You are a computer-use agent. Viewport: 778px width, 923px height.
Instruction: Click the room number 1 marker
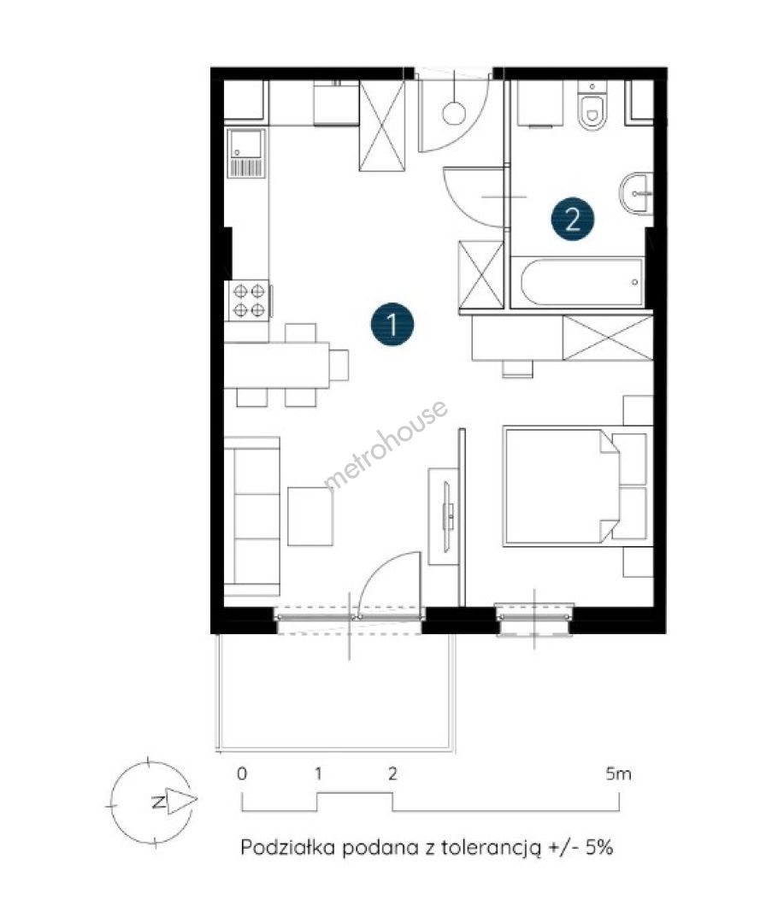click(392, 324)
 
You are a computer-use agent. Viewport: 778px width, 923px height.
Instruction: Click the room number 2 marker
click(573, 219)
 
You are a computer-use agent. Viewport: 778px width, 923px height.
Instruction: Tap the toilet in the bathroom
click(592, 106)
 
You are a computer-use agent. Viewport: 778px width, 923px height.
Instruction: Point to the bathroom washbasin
click(635, 193)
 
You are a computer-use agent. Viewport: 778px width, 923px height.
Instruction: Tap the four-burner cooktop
click(249, 300)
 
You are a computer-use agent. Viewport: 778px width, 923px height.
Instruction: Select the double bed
click(577, 486)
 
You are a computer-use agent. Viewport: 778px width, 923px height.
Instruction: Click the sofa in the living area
click(252, 516)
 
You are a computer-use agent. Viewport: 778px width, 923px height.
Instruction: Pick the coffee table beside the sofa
click(310, 516)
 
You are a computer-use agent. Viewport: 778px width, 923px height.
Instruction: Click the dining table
click(277, 365)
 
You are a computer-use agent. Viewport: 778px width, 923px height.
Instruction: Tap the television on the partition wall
click(448, 516)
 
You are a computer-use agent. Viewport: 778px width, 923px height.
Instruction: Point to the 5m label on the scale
click(618, 773)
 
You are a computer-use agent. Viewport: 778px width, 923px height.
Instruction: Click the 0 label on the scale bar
click(242, 773)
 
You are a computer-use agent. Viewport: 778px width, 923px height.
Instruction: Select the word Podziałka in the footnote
click(288, 847)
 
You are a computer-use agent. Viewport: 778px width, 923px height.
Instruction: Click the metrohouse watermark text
click(386, 444)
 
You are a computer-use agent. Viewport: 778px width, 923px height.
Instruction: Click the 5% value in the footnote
click(599, 847)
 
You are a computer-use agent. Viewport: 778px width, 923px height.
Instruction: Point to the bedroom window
click(534, 618)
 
